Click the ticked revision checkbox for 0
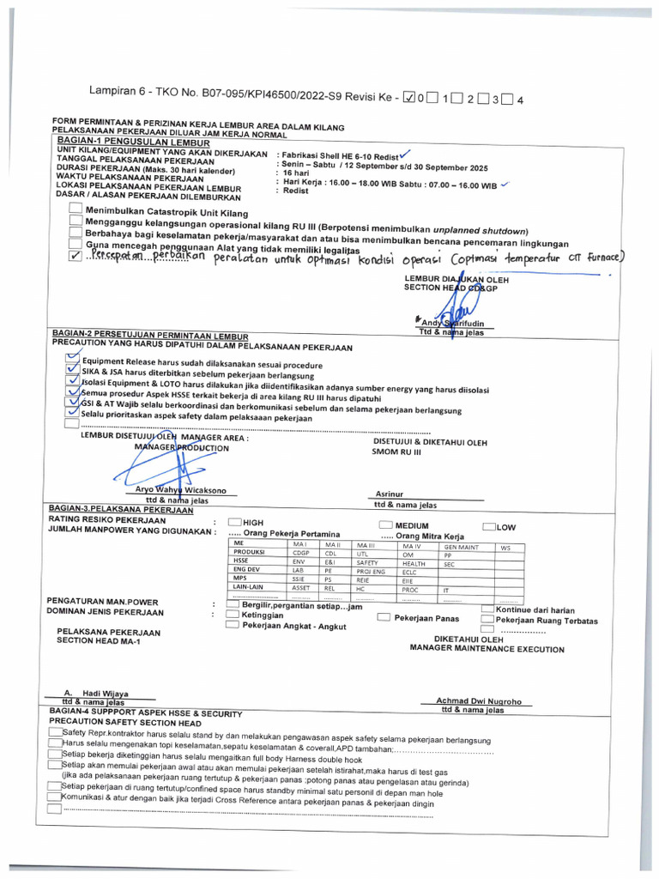pos(408,98)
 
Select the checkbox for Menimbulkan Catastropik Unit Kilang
pos(76,210)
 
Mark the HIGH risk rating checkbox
pos(233,523)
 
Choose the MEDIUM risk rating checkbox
pos(385,524)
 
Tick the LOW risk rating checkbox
pos(489,526)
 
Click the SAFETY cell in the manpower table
pos(367,562)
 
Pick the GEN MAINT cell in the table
pos(461,546)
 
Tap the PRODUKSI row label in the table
pos(250,554)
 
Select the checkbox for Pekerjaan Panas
pos(384,617)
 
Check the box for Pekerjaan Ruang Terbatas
pos(487,619)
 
